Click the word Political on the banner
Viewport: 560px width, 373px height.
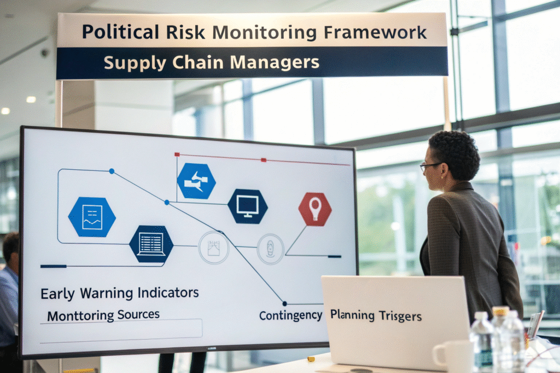click(x=121, y=32)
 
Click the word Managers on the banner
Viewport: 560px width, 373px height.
click(x=275, y=62)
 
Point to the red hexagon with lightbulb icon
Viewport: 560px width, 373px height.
click(x=315, y=209)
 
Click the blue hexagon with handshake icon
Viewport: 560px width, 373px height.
click(x=196, y=181)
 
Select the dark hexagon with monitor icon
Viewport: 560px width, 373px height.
click(x=248, y=206)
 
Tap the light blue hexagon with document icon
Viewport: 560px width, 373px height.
click(x=92, y=217)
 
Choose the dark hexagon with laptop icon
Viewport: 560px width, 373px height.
click(x=151, y=244)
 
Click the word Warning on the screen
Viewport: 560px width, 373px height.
click(x=107, y=293)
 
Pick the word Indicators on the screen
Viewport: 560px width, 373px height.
click(x=168, y=293)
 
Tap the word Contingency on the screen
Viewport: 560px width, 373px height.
click(x=291, y=316)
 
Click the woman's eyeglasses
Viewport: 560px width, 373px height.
click(x=430, y=166)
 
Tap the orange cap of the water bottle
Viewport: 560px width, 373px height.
click(x=500, y=311)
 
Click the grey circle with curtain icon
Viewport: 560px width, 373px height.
click(x=214, y=247)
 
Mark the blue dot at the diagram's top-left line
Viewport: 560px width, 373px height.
click(x=112, y=171)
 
